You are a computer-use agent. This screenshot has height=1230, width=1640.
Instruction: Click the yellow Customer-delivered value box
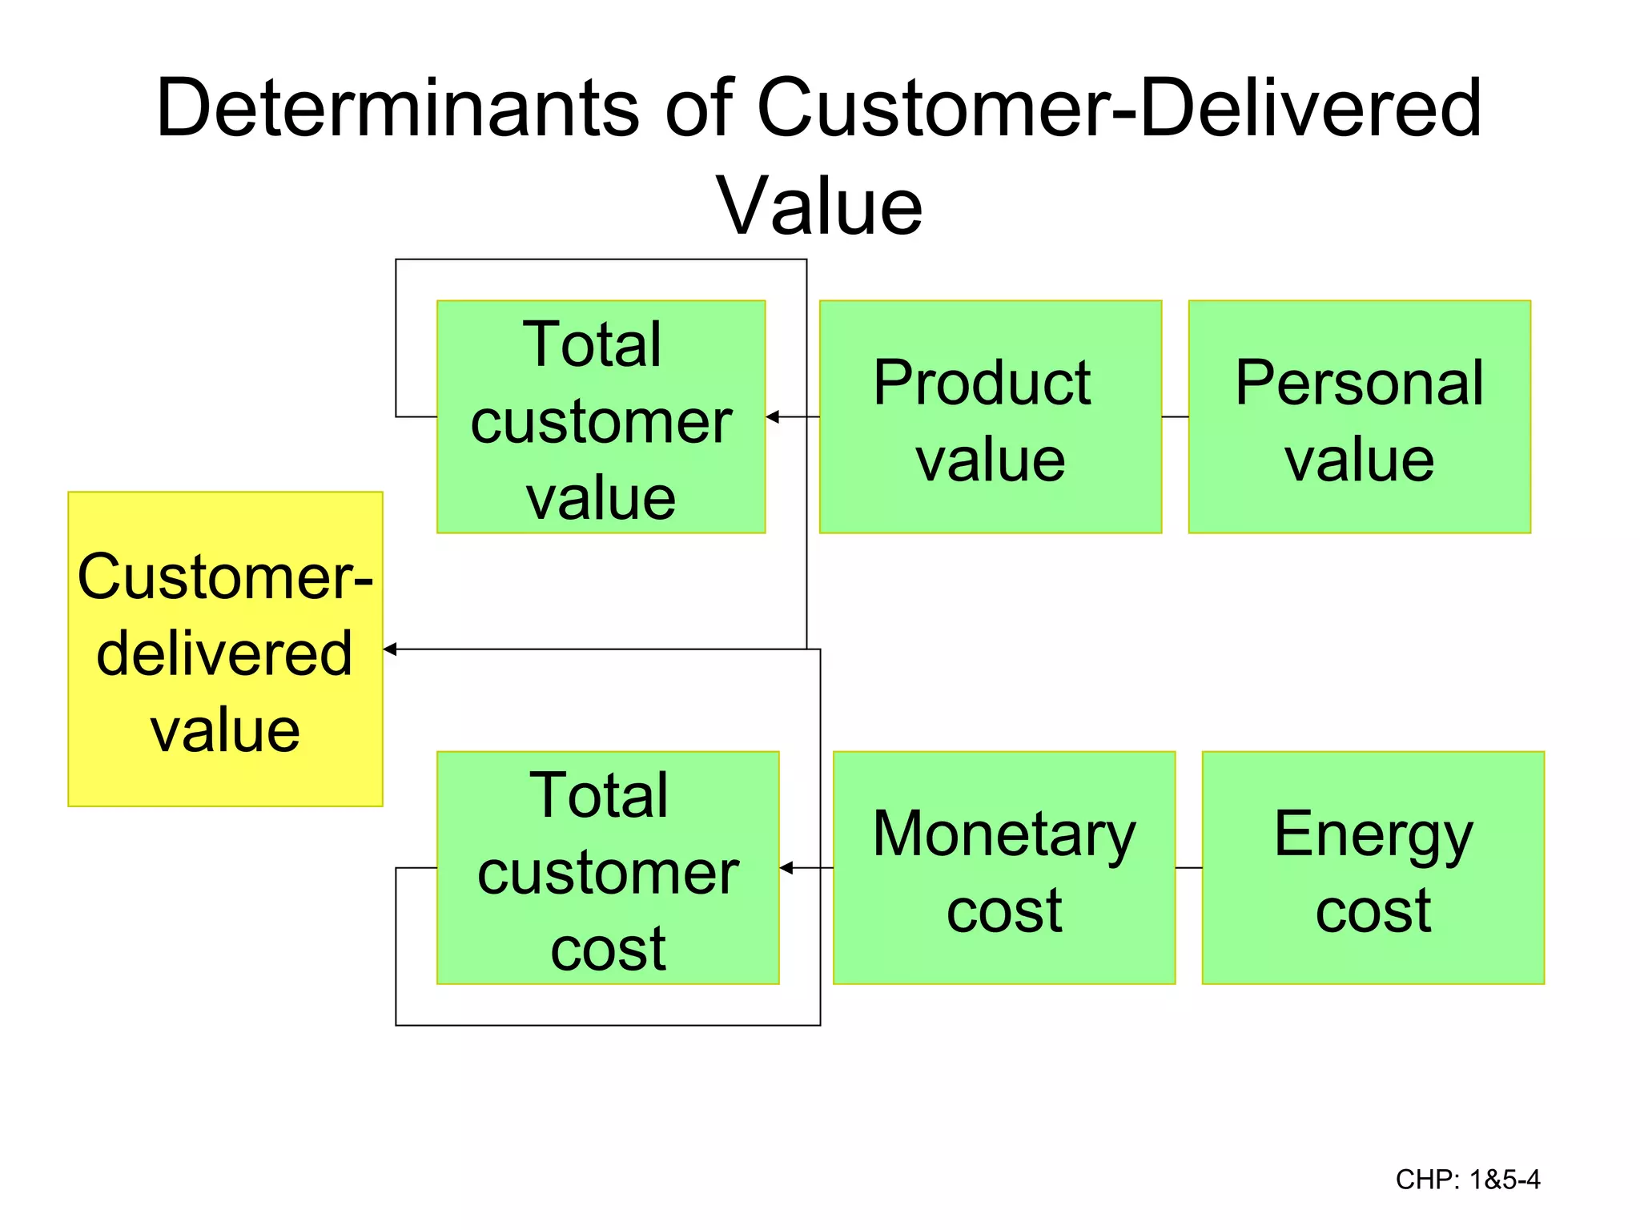point(225,649)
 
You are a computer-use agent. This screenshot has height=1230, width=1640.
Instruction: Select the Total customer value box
point(601,417)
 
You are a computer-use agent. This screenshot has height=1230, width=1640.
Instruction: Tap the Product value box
point(990,417)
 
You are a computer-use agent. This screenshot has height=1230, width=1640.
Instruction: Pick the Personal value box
point(1359,417)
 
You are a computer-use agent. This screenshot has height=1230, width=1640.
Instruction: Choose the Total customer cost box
point(608,867)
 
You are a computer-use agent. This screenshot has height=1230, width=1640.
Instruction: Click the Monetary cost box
point(1003,867)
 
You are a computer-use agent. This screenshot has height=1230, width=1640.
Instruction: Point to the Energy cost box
point(1373,867)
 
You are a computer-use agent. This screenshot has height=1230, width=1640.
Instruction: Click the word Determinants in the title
point(397,108)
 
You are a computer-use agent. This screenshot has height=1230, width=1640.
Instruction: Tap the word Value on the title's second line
point(819,207)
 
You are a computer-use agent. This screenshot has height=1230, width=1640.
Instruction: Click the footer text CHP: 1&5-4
point(1467,1180)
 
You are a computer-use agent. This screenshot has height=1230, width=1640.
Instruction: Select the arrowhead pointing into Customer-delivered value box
point(390,649)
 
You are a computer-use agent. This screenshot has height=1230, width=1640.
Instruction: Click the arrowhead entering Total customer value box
point(773,417)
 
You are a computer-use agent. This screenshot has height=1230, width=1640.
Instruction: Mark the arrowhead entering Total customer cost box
point(786,868)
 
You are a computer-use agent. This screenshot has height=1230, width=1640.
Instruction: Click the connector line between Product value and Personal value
point(1175,417)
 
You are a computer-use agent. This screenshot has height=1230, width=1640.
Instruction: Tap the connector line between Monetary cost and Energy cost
point(1188,868)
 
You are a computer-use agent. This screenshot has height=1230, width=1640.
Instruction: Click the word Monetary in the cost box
point(1003,835)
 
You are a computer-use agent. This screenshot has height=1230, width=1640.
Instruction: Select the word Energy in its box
point(1373,835)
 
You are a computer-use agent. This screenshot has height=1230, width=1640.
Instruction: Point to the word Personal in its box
point(1359,384)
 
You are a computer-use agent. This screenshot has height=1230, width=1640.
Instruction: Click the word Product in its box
point(982,384)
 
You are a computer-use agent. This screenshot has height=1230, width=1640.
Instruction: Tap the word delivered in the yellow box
point(224,653)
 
